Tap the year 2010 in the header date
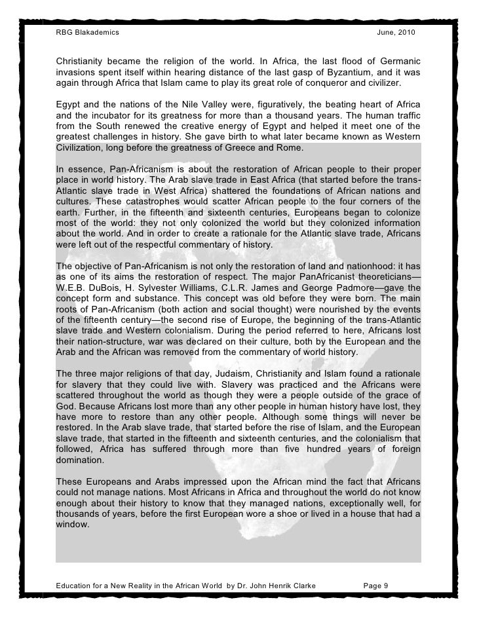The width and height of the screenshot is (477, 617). (x=404, y=33)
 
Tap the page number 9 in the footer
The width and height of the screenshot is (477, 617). (x=387, y=584)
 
